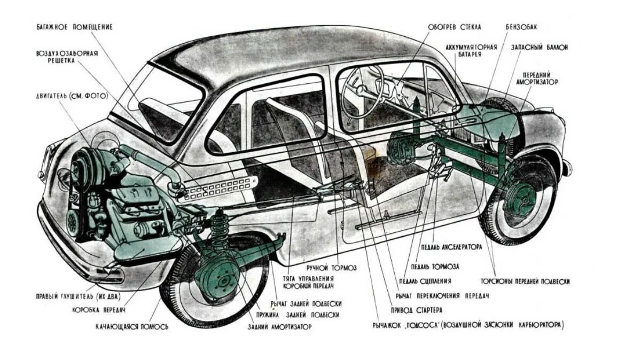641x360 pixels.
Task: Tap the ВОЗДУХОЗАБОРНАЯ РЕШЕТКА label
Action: pyautogui.click(x=67, y=58)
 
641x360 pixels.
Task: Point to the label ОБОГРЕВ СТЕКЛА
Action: pyautogui.click(x=455, y=27)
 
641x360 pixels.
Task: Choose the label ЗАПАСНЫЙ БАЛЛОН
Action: pyautogui.click(x=539, y=47)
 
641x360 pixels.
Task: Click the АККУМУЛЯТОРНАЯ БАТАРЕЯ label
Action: pyautogui.click(x=472, y=51)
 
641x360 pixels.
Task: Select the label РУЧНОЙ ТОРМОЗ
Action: pyautogui.click(x=332, y=267)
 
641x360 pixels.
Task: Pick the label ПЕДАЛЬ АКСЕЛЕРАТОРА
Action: pyautogui.click(x=451, y=247)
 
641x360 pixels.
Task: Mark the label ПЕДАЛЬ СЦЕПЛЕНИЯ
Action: pyautogui.click(x=424, y=281)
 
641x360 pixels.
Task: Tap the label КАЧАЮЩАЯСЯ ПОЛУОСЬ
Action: pyautogui.click(x=132, y=326)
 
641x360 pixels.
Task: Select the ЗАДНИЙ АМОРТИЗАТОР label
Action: pyautogui.click(x=279, y=326)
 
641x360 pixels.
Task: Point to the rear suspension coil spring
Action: pyautogui.click(x=218, y=230)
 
